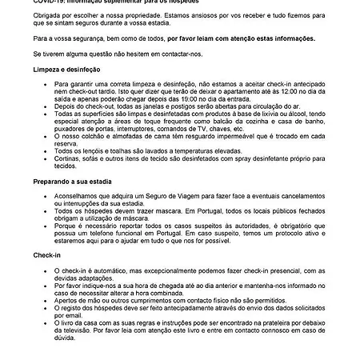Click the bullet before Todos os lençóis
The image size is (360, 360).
46,150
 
